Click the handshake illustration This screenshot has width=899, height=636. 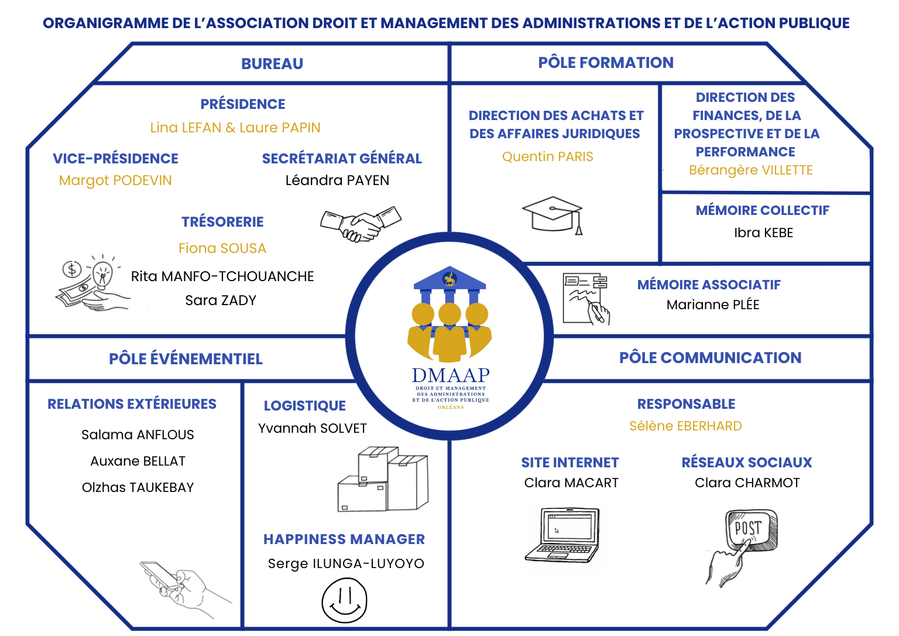click(361, 224)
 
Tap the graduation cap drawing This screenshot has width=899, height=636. click(553, 214)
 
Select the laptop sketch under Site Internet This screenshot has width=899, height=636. click(562, 535)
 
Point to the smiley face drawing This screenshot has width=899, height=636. click(344, 601)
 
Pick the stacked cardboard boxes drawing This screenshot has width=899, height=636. click(383, 480)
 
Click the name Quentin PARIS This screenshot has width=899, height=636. click(547, 156)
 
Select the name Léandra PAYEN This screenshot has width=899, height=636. click(337, 180)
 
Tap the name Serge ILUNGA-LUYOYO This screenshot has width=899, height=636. click(346, 563)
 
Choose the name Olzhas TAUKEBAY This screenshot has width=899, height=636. click(138, 487)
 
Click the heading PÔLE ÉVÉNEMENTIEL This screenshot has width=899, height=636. click(186, 358)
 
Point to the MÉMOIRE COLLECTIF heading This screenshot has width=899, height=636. click(762, 210)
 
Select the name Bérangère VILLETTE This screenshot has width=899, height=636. click(750, 170)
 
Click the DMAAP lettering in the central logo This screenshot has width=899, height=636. click(450, 375)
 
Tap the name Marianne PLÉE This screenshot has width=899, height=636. click(712, 305)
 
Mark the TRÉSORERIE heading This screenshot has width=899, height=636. click(222, 222)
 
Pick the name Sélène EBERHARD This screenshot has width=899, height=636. click(685, 426)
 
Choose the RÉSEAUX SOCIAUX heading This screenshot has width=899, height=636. click(746, 463)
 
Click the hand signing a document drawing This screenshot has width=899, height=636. click(586, 299)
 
